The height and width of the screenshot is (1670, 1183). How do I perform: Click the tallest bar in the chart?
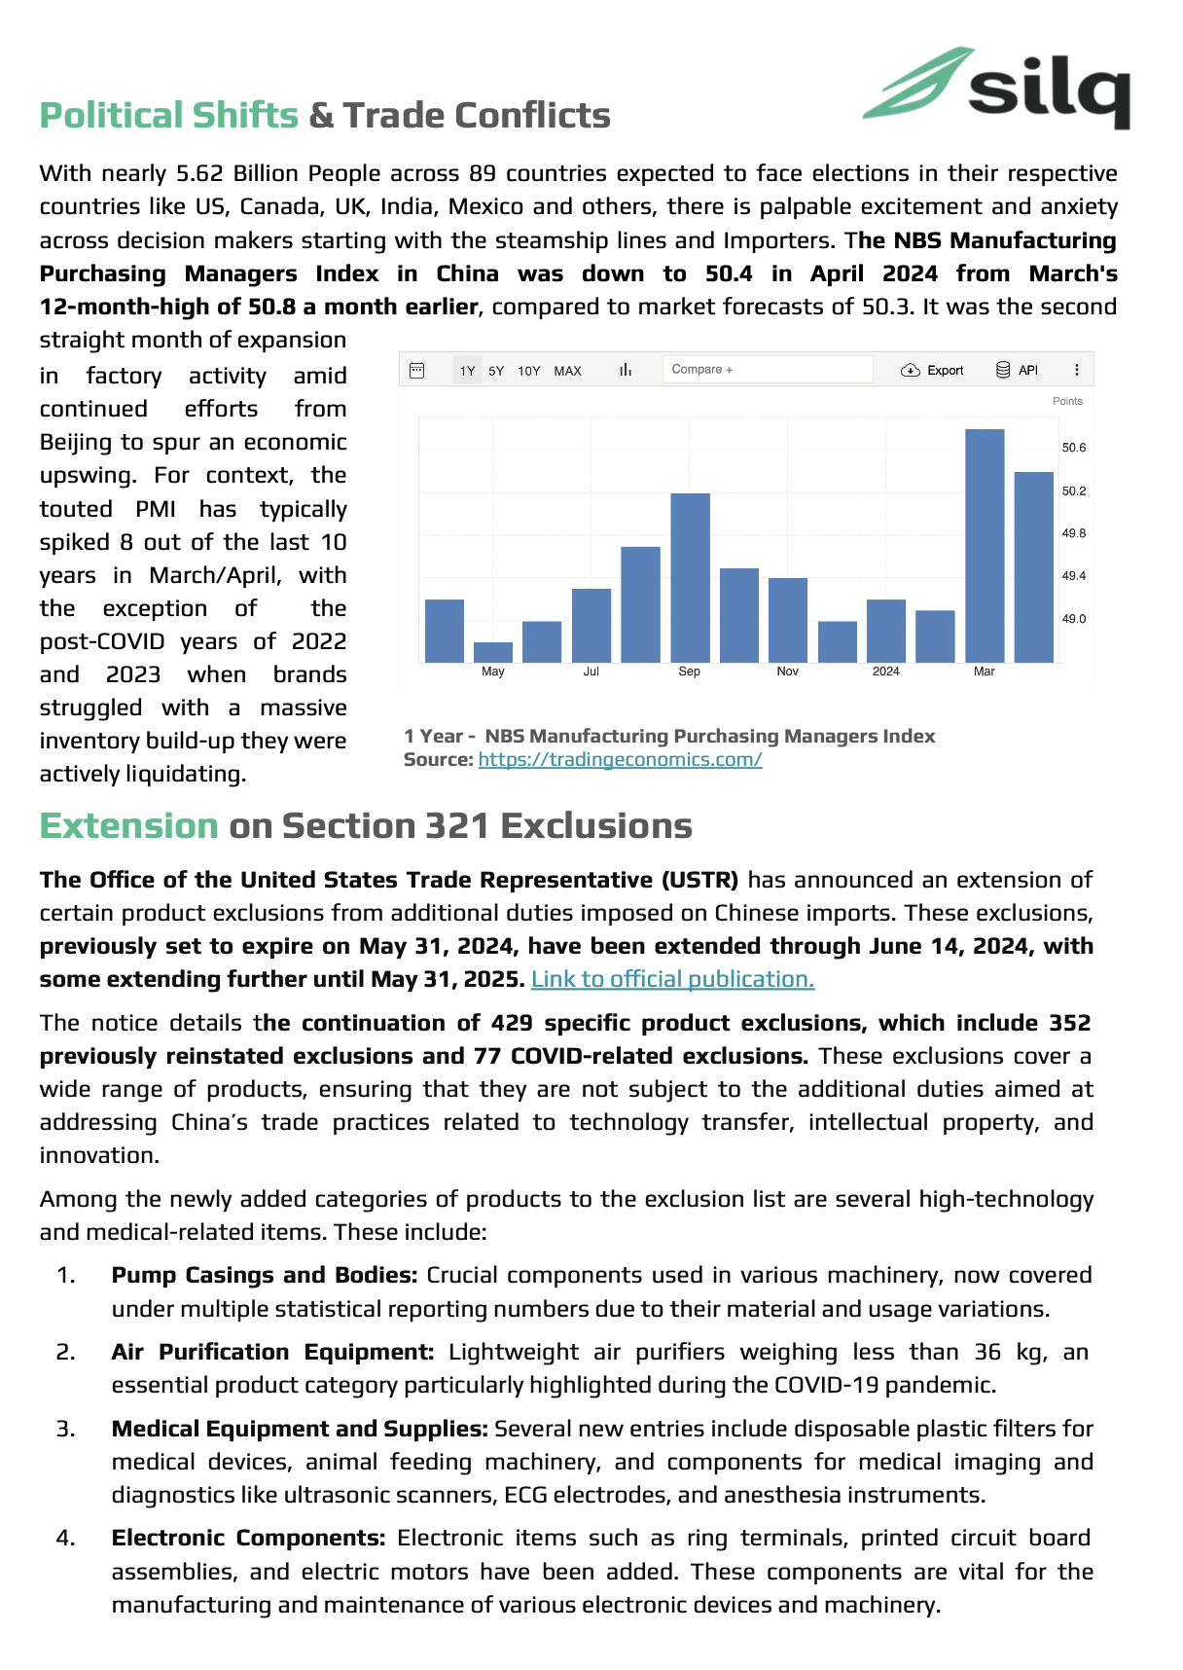[984, 545]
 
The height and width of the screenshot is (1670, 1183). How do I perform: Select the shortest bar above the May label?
[493, 652]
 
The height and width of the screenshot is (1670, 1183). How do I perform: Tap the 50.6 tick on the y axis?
[1073, 448]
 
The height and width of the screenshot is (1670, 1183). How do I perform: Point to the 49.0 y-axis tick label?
[1073, 619]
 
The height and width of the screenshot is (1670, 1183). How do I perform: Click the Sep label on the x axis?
[689, 672]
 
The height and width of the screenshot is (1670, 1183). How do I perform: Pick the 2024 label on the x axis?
[885, 672]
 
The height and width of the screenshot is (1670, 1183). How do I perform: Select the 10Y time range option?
[528, 371]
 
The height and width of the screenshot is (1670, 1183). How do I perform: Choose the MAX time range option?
[567, 371]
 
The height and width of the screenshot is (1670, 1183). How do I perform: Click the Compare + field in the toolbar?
[767, 370]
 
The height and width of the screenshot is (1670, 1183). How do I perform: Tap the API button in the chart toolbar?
[1018, 370]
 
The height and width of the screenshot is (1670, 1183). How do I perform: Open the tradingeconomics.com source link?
[620, 760]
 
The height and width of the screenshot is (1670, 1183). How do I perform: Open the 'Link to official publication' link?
[672, 979]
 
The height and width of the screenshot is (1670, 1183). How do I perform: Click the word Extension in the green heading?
[128, 826]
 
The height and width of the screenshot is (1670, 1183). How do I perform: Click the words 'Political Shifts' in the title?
[168, 116]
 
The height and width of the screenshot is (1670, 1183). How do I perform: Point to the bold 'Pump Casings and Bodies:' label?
[264, 1275]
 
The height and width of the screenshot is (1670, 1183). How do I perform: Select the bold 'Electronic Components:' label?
[248, 1538]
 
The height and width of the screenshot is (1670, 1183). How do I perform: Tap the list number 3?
[65, 1429]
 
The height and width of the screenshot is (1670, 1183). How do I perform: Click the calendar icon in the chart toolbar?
[417, 370]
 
